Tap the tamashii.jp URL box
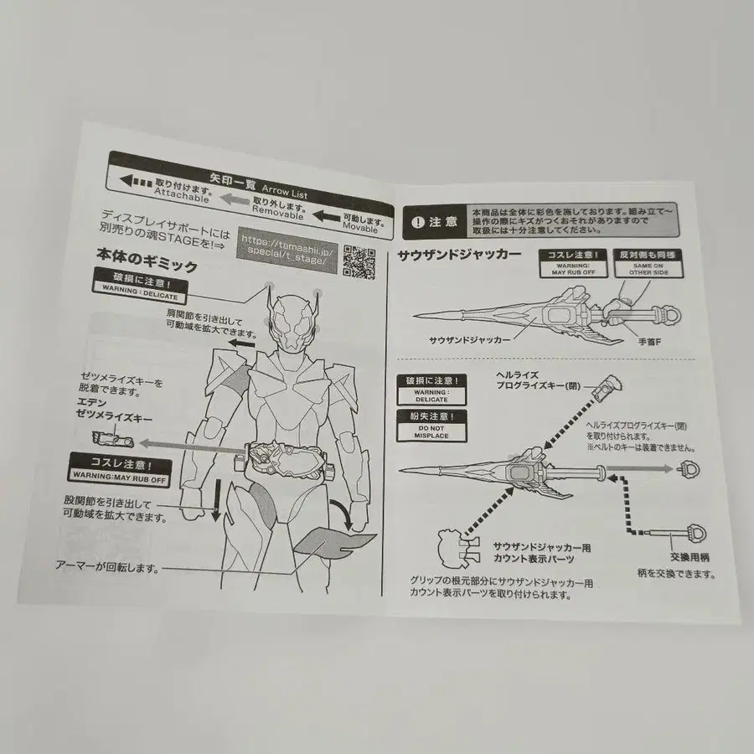[288, 253]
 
